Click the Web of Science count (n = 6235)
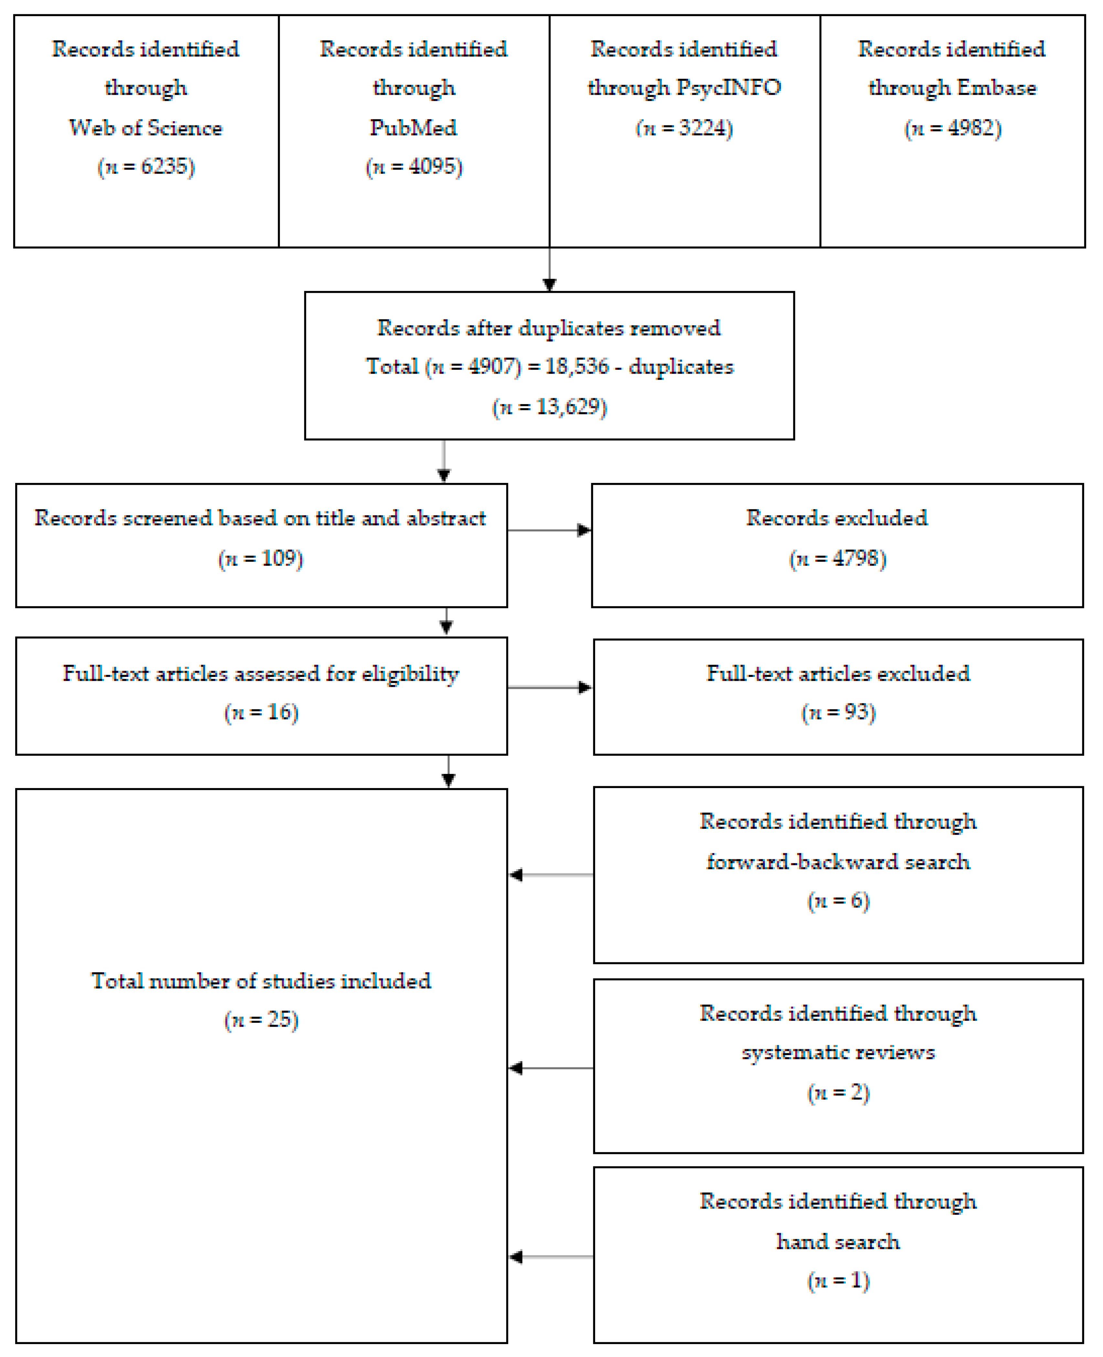pyautogui.click(x=146, y=167)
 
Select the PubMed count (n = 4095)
pyautogui.click(x=414, y=167)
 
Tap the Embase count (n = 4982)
pyautogui.click(x=952, y=128)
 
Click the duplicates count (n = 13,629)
pyautogui.click(x=550, y=407)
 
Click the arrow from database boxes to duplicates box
pyautogui.click(x=550, y=270)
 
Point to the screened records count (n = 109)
pyautogui.click(x=261, y=559)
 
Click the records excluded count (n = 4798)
pyautogui.click(x=837, y=559)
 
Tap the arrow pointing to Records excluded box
pyautogui.click(x=550, y=530)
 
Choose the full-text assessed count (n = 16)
pyautogui.click(x=261, y=712)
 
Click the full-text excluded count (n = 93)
pyautogui.click(x=838, y=712)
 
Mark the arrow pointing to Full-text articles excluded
pyautogui.click(x=550, y=688)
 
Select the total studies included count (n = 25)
pyautogui.click(x=261, y=1020)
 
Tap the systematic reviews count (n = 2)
pyautogui.click(x=838, y=1092)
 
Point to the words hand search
pyautogui.click(x=838, y=1241)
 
